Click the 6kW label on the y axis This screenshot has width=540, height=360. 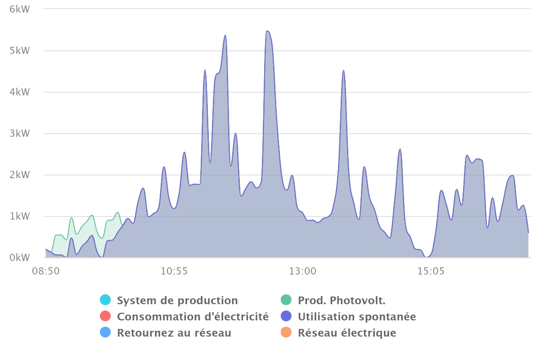(19, 9)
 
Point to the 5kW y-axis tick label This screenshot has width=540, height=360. (19, 50)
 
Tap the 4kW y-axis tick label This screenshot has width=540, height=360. (19, 92)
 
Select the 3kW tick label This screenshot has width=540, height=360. (19, 134)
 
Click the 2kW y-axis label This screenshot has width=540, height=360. (19, 175)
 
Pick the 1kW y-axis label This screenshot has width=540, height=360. (19, 216)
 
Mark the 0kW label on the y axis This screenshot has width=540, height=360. (19, 258)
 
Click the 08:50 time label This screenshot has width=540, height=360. (45, 271)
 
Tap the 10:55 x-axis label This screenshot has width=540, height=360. (174, 271)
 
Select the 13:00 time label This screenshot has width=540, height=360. (302, 271)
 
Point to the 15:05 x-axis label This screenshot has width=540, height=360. (431, 271)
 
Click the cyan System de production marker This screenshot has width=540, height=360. (105, 300)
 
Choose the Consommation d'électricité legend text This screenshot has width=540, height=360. (193, 317)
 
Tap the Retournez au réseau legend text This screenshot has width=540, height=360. (174, 333)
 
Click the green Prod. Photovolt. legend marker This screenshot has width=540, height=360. (286, 300)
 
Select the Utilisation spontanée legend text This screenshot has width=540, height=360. (356, 317)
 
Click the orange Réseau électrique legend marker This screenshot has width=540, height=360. (286, 333)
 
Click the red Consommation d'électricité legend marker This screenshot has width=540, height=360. (105, 317)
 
